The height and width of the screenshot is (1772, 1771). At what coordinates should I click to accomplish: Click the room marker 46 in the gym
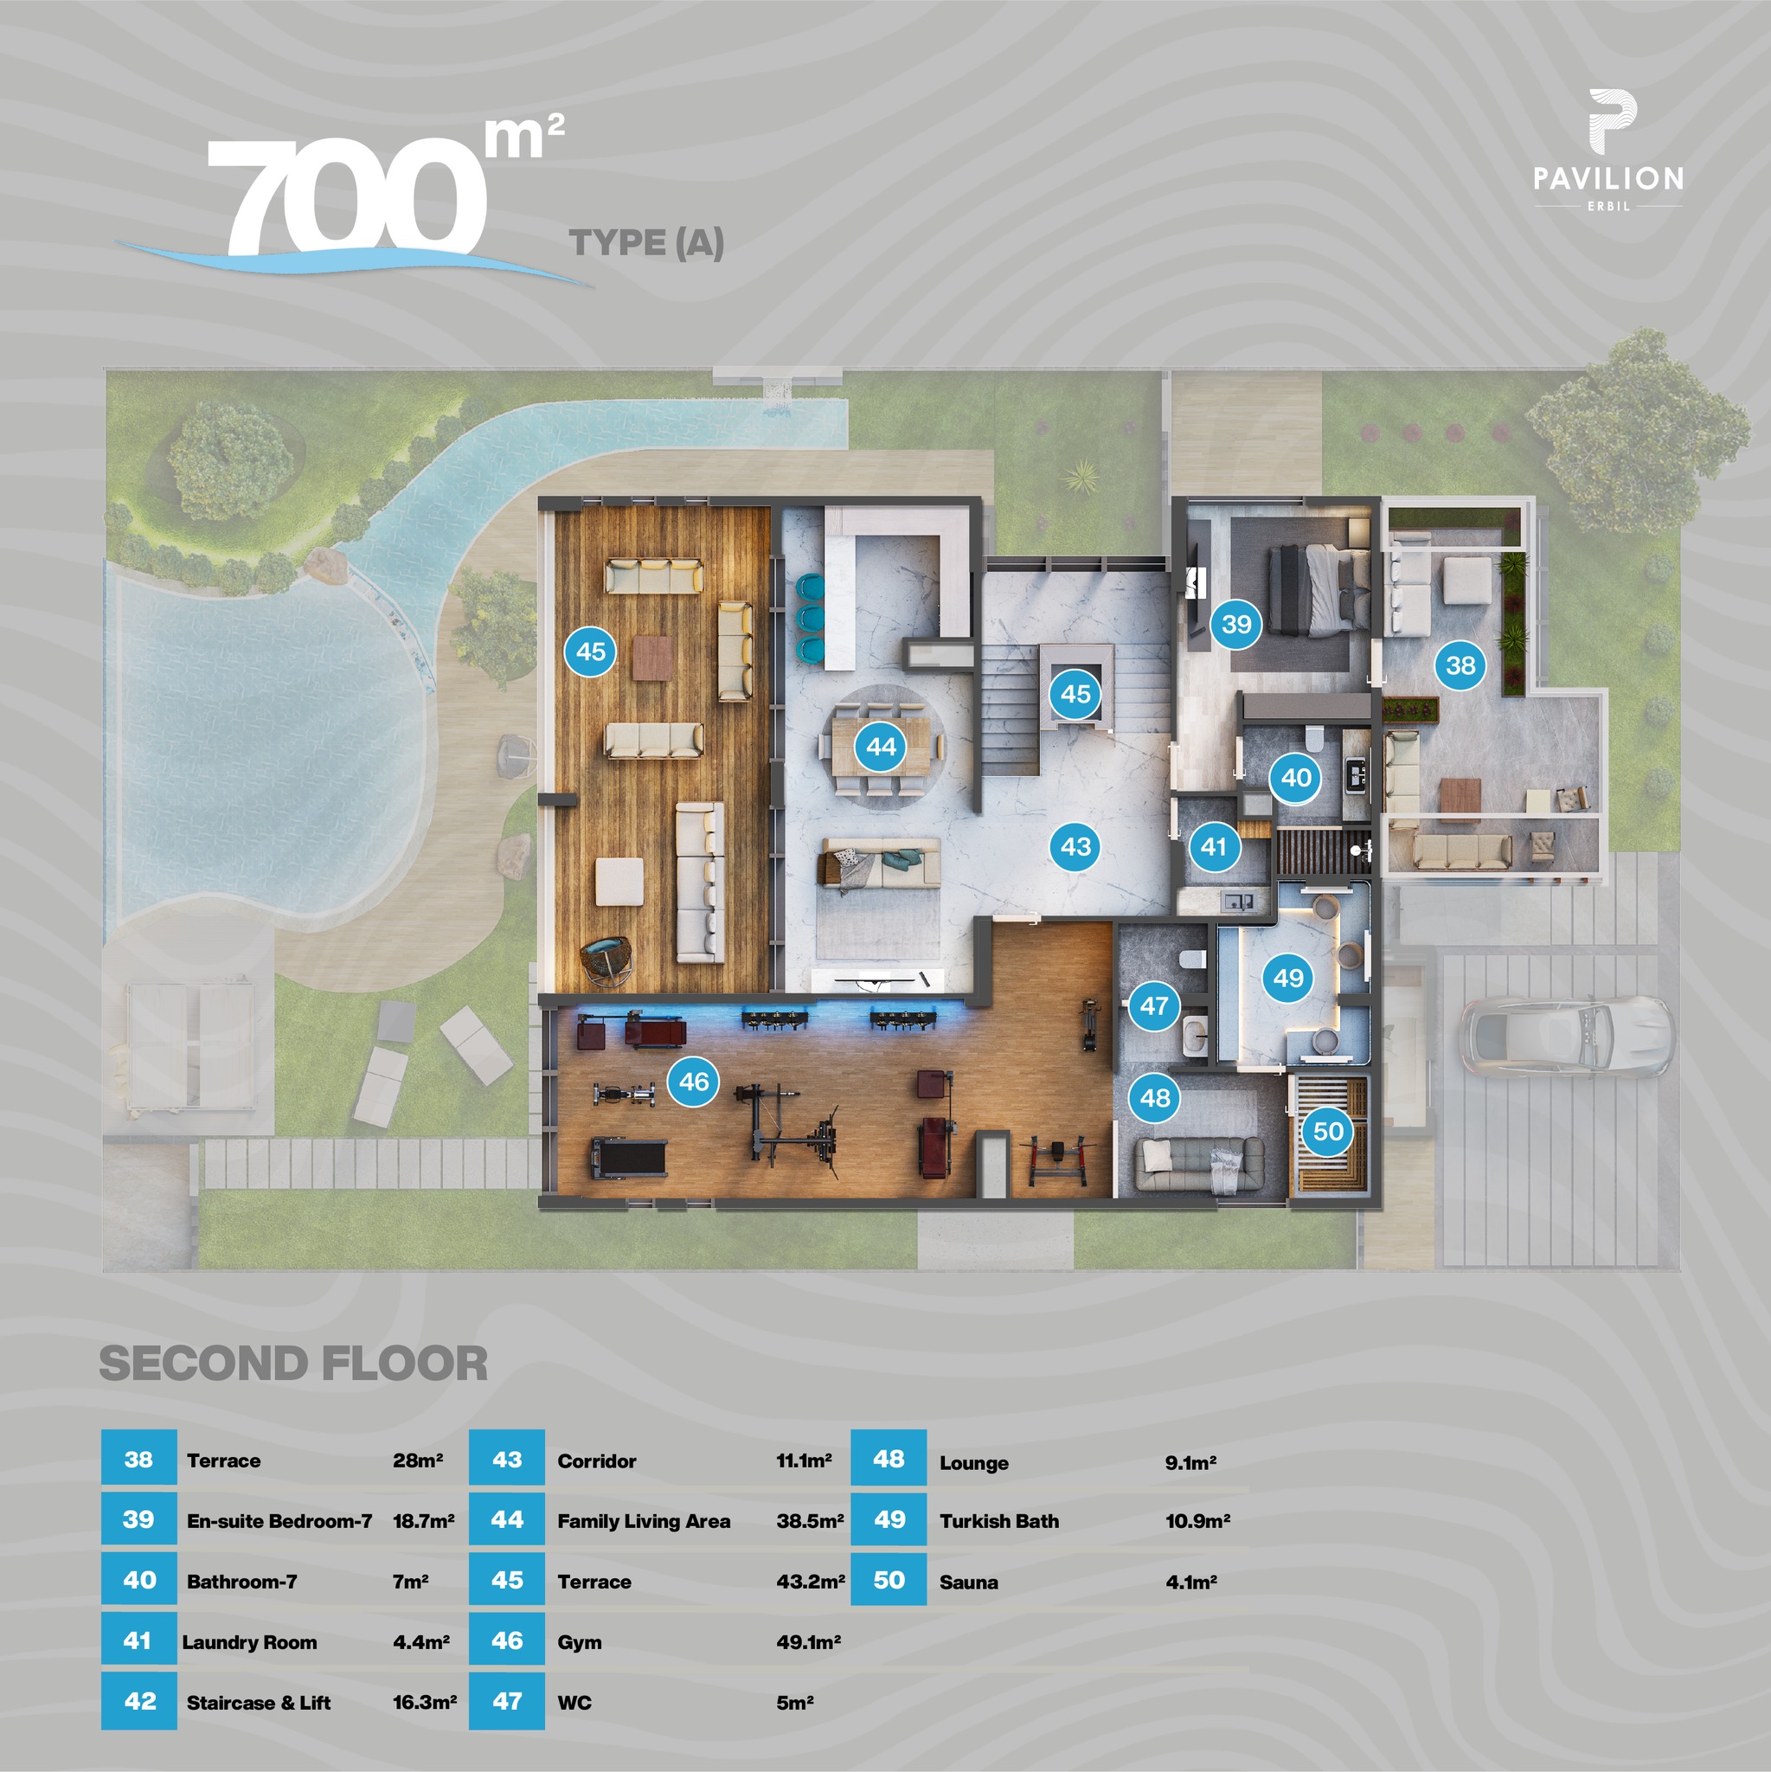click(693, 1082)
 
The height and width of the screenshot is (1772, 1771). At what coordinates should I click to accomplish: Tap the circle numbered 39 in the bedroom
click(1236, 625)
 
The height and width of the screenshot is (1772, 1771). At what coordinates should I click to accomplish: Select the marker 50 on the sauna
click(1328, 1131)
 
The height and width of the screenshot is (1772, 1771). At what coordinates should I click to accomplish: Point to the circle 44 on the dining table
click(881, 747)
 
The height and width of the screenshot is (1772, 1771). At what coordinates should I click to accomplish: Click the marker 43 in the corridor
click(1075, 845)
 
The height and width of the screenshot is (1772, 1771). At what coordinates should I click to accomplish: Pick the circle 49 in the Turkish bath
click(1287, 978)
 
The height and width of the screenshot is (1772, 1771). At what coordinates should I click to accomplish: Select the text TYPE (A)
click(646, 243)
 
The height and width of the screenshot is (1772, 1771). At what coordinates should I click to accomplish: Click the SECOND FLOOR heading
click(293, 1363)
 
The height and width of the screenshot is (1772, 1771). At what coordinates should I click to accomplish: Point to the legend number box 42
click(139, 1701)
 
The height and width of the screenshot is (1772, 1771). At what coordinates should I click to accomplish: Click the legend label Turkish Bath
click(998, 1522)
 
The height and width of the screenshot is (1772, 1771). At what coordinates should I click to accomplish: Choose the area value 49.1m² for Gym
click(808, 1641)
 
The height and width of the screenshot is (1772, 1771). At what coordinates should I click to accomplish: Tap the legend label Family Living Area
click(643, 1522)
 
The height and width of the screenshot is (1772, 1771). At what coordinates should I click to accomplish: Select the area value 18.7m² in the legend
click(423, 1522)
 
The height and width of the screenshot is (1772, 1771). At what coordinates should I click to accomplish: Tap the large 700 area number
click(349, 197)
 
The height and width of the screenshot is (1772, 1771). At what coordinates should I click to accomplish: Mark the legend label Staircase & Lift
click(258, 1702)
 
